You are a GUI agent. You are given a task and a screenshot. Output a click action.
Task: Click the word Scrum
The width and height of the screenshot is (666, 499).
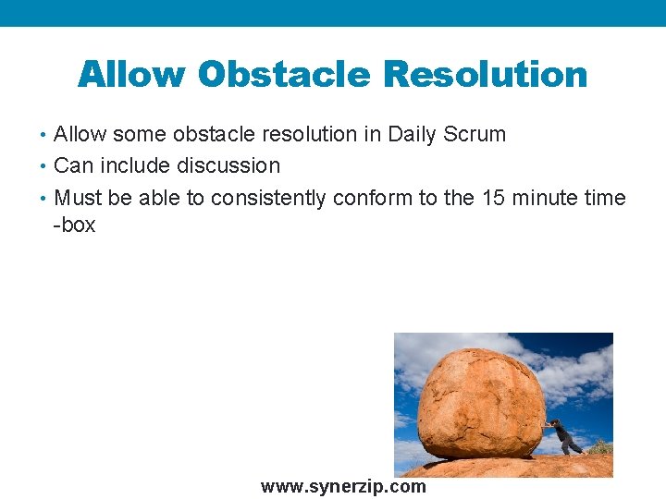click(475, 134)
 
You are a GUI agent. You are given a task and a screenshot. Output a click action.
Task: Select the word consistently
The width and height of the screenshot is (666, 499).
click(268, 198)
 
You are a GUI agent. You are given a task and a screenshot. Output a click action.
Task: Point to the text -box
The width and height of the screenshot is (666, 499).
click(74, 225)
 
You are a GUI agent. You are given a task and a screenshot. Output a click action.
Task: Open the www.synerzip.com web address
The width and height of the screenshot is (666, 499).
click(343, 486)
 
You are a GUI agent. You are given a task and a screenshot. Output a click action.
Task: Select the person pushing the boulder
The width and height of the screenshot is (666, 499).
click(563, 435)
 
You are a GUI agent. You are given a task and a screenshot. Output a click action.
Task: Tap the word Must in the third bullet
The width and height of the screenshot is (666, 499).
click(78, 198)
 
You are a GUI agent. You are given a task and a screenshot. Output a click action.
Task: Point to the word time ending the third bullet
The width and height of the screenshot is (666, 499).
click(607, 198)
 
